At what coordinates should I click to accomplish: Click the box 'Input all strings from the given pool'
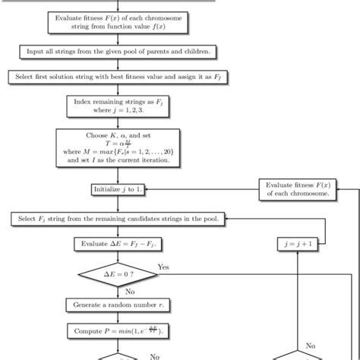point(119,52)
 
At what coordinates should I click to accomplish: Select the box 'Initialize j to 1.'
point(119,188)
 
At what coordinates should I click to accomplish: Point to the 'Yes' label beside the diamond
point(163,267)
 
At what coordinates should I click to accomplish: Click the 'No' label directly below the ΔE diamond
point(130,292)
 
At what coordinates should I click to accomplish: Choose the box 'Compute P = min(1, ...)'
point(119,331)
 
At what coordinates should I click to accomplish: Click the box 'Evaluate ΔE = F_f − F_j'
point(119,244)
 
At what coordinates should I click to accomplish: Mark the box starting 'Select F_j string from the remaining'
point(119,219)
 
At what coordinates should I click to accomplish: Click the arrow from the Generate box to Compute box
point(119,319)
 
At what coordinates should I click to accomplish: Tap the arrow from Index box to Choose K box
point(119,122)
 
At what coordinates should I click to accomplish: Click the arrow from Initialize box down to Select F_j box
point(119,204)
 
